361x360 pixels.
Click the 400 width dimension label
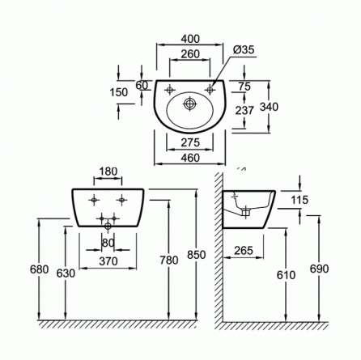(190, 39)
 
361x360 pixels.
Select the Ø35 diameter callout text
(244, 50)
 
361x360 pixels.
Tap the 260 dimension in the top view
(190, 54)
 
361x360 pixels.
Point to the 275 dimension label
(190, 142)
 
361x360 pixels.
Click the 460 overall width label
(190, 158)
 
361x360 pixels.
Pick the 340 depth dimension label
(269, 107)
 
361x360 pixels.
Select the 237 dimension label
(244, 111)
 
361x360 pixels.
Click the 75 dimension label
(244, 87)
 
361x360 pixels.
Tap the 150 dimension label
(119, 92)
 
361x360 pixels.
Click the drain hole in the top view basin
(190, 104)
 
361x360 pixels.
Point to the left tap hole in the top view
(170, 90)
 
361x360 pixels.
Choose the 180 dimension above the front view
(108, 172)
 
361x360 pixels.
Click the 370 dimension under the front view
(108, 261)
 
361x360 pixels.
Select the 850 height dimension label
(197, 255)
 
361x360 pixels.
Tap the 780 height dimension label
(169, 260)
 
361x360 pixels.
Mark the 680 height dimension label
(40, 269)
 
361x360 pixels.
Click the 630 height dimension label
(66, 273)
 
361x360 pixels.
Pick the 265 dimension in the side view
(244, 251)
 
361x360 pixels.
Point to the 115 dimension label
(299, 200)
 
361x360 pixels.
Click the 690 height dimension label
(319, 269)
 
